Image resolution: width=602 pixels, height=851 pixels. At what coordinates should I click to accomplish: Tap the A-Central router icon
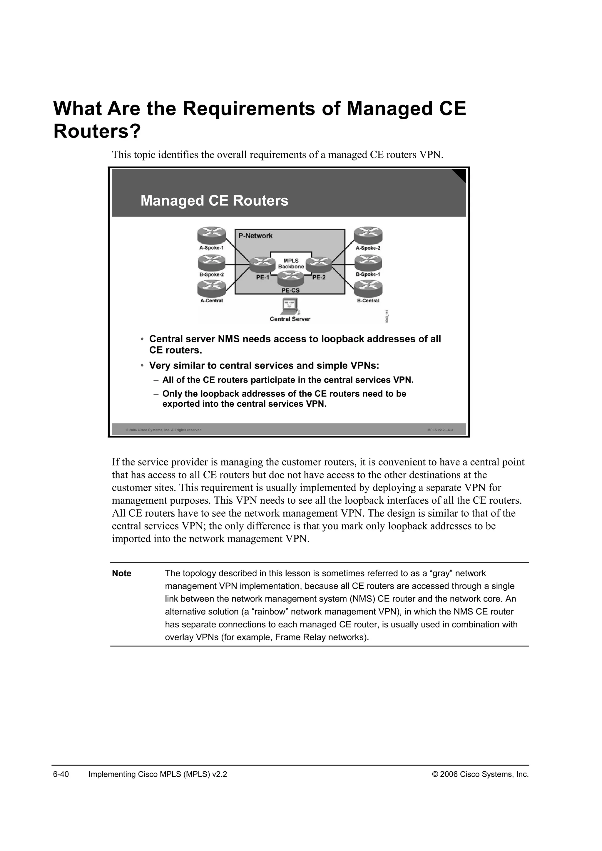click(x=211, y=288)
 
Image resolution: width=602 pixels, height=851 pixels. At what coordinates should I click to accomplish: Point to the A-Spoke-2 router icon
click(x=368, y=235)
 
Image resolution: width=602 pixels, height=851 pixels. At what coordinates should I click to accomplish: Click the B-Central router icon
click(x=368, y=288)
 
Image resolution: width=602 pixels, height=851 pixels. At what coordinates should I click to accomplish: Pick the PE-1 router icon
click(x=263, y=265)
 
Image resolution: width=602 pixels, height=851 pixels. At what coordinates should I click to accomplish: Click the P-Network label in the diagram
click(x=255, y=236)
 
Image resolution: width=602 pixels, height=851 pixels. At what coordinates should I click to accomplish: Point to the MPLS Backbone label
click(x=291, y=264)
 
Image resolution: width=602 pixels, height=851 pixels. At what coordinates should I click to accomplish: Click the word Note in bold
click(x=122, y=573)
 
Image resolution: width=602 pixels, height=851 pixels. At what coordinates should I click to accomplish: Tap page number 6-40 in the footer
click(x=61, y=774)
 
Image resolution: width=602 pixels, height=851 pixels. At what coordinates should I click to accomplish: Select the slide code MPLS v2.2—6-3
click(x=440, y=430)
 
